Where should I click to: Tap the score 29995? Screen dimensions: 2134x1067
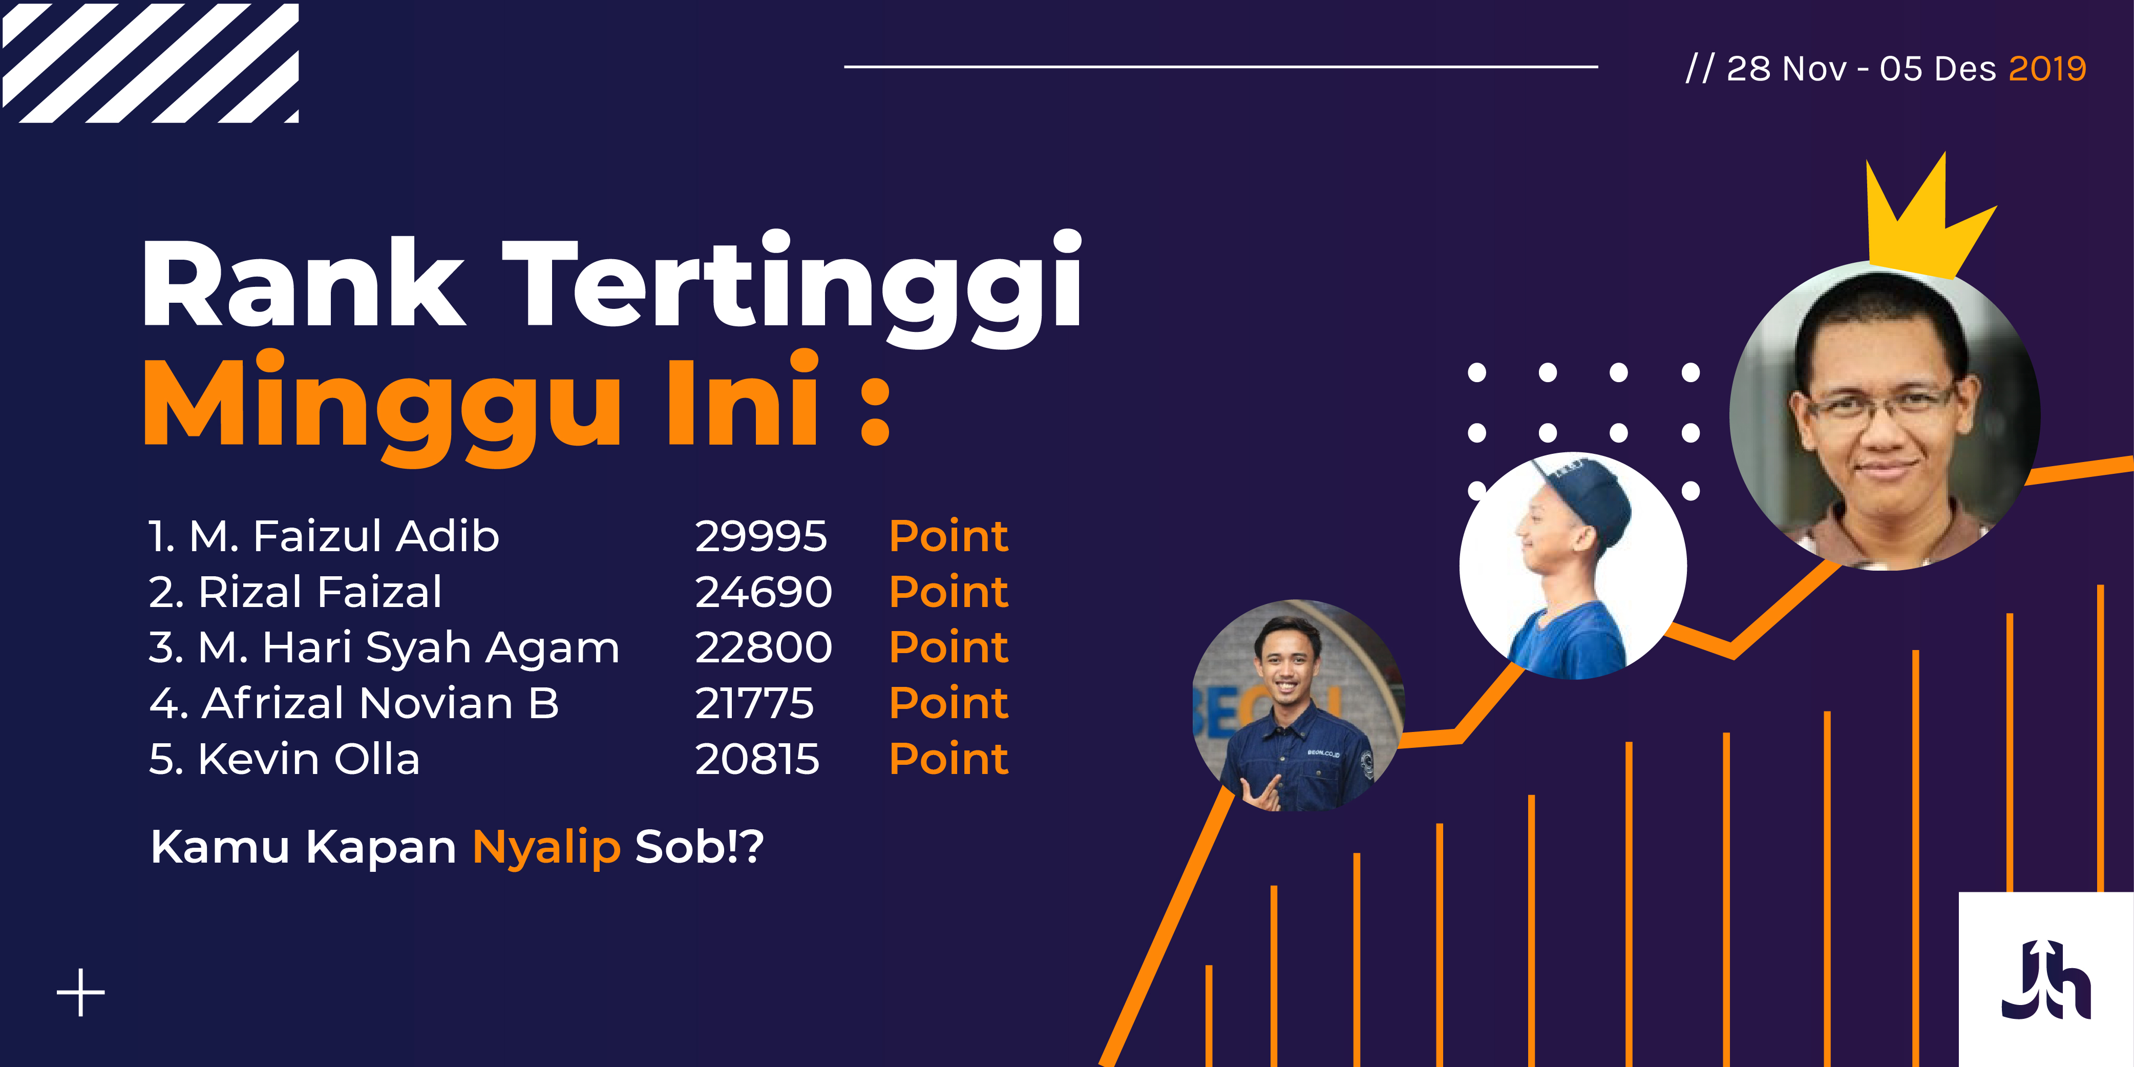point(760,536)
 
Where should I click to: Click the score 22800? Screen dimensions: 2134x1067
point(763,647)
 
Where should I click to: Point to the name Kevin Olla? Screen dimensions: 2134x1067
point(309,759)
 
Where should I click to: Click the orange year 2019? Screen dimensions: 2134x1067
point(2047,69)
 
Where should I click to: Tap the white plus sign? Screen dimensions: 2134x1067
point(80,992)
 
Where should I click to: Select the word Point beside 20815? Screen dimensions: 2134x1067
point(948,759)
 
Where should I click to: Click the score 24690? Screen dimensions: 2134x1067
point(763,592)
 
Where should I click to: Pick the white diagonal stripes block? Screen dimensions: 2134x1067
point(150,63)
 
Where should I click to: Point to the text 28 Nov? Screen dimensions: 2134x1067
point(1787,69)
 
